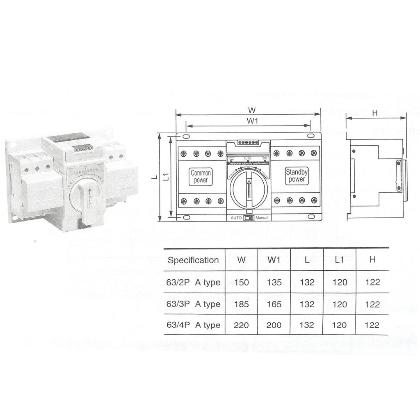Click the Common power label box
point(201,176)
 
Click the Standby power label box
point(297,176)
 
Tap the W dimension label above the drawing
point(252,110)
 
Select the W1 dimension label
point(252,121)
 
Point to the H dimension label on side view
point(374,114)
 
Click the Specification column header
point(193,260)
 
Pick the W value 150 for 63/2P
point(241,282)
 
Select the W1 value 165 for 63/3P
point(274,304)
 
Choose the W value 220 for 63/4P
point(241,325)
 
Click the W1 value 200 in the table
point(274,325)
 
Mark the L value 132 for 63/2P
point(307,282)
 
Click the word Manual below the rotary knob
point(262,218)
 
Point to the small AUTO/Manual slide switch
point(249,218)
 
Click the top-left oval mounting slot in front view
point(186,136)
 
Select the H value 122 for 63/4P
point(372,325)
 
